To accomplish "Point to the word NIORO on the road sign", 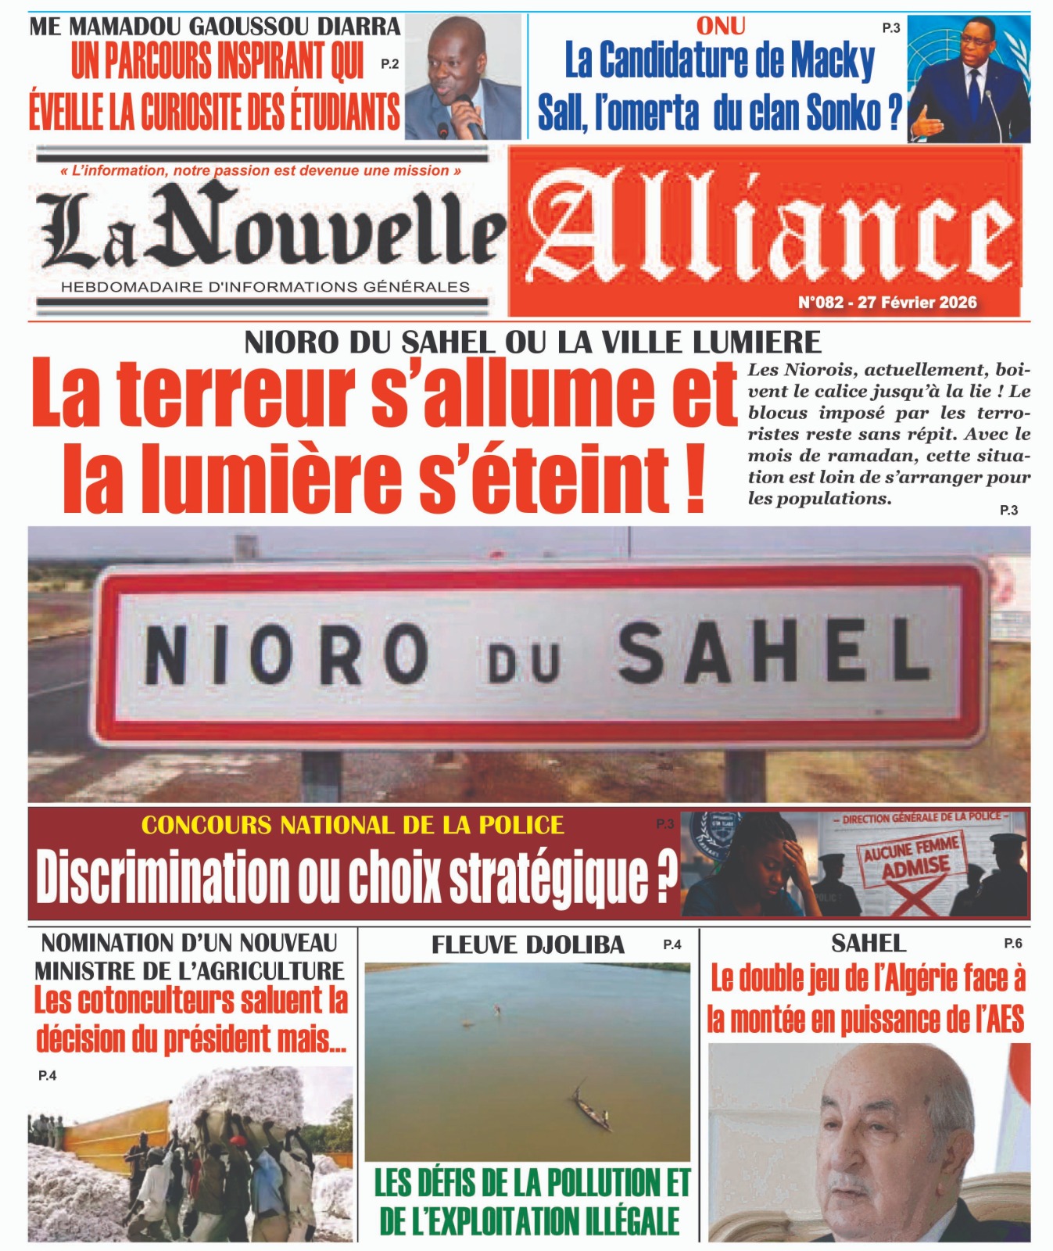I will [x=286, y=655].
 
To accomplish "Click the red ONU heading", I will [x=720, y=27].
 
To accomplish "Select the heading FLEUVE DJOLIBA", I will [x=528, y=945].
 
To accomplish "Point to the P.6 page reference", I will [x=1012, y=944].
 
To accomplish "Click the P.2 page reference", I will [x=389, y=64].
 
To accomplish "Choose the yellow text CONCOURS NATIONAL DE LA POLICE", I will [x=353, y=826].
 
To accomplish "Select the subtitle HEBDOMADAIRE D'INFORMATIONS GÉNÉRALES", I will [x=265, y=287].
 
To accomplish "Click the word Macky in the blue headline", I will [x=832, y=61].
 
